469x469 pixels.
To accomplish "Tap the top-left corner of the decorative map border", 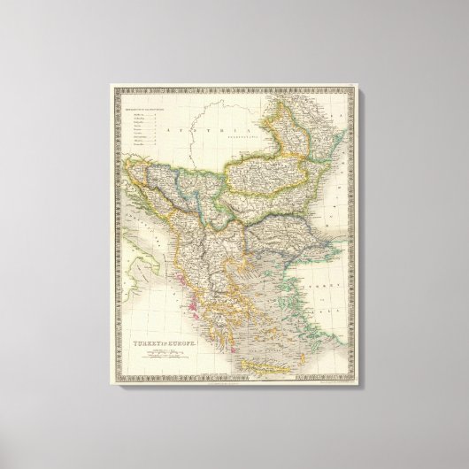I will coord(112,85).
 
